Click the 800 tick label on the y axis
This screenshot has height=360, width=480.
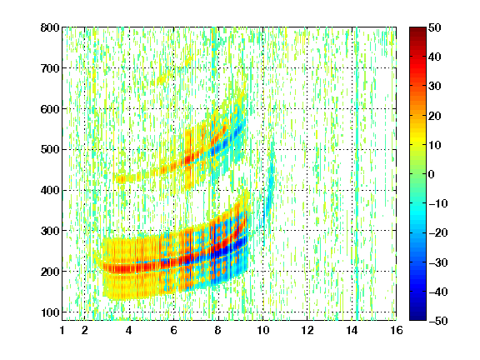click(x=50, y=27)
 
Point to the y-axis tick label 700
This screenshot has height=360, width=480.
click(x=50, y=68)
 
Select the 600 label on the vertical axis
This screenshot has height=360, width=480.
click(x=50, y=109)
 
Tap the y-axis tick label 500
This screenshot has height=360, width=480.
click(x=50, y=150)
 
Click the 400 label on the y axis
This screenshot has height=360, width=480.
click(x=50, y=190)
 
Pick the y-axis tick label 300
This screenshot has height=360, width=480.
click(x=50, y=231)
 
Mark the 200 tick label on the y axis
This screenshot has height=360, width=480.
click(x=50, y=272)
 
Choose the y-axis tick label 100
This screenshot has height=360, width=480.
click(x=50, y=312)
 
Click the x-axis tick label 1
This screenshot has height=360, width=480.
click(x=62, y=330)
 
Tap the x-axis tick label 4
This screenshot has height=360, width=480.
click(x=129, y=330)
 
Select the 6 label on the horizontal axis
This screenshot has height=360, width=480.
click(x=173, y=330)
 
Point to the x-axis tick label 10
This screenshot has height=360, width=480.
click(x=262, y=330)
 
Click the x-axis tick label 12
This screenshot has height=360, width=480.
click(x=307, y=330)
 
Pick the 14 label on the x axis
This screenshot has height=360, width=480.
click(x=352, y=330)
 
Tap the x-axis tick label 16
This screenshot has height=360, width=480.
click(x=397, y=330)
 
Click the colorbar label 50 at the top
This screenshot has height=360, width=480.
click(x=434, y=27)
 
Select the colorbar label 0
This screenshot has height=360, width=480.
click(x=432, y=174)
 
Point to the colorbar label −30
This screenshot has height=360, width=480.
click(x=438, y=262)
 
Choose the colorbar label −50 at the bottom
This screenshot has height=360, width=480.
click(x=438, y=321)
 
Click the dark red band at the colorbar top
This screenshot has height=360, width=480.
click(x=417, y=32)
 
